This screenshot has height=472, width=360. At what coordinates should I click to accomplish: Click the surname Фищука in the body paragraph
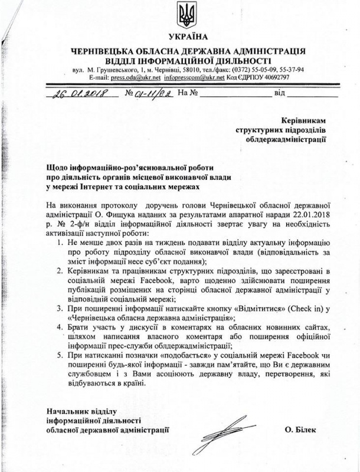[123, 214]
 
